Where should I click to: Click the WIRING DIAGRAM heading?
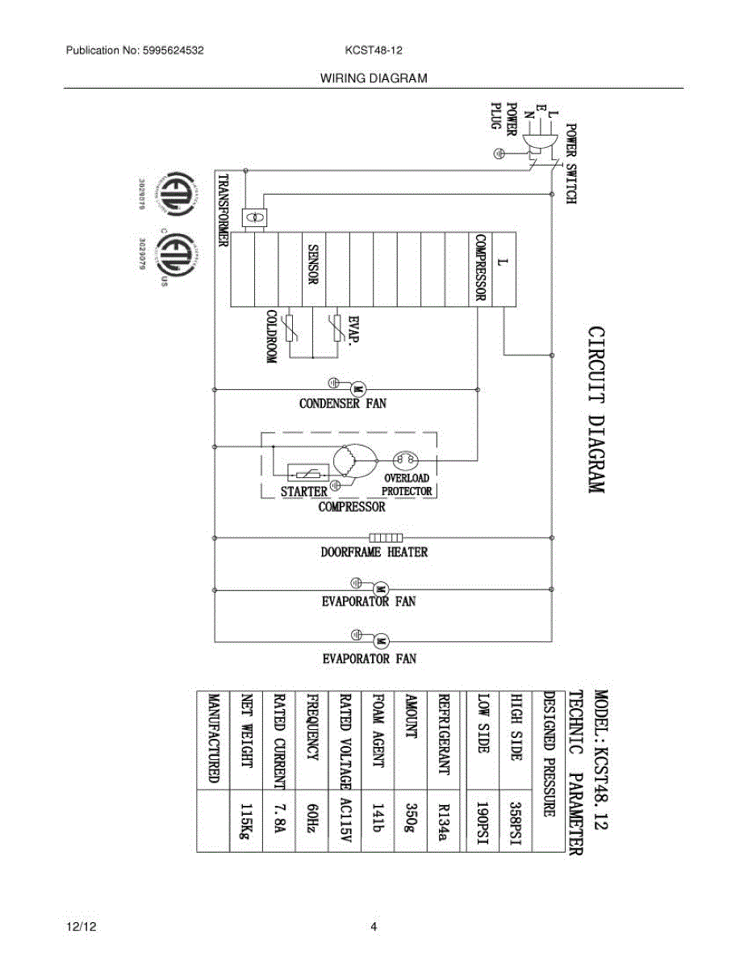point(374,78)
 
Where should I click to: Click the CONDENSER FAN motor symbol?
point(360,388)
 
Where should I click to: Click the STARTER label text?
point(303,491)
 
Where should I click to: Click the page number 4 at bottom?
point(374,927)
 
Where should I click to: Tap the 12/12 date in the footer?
point(77,927)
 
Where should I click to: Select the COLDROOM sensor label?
point(272,338)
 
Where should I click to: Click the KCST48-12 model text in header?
point(374,50)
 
